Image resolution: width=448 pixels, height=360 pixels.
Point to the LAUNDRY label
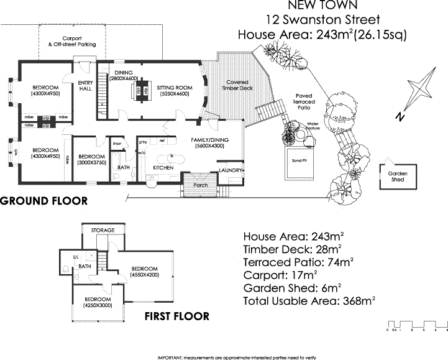[231, 170]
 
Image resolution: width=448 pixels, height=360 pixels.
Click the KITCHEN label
[163, 168]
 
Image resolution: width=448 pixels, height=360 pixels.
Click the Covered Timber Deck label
[237, 85]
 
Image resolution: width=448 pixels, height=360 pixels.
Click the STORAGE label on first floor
[103, 230]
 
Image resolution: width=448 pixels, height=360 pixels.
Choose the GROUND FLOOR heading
[43, 201]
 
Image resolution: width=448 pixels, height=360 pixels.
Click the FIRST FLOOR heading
[177, 316]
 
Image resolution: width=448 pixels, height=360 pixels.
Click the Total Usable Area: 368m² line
[310, 302]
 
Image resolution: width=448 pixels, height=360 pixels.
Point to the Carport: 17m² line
[281, 274]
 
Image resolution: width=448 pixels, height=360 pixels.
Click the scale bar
[416, 325]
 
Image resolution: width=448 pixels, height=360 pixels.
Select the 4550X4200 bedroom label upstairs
[145, 272]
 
